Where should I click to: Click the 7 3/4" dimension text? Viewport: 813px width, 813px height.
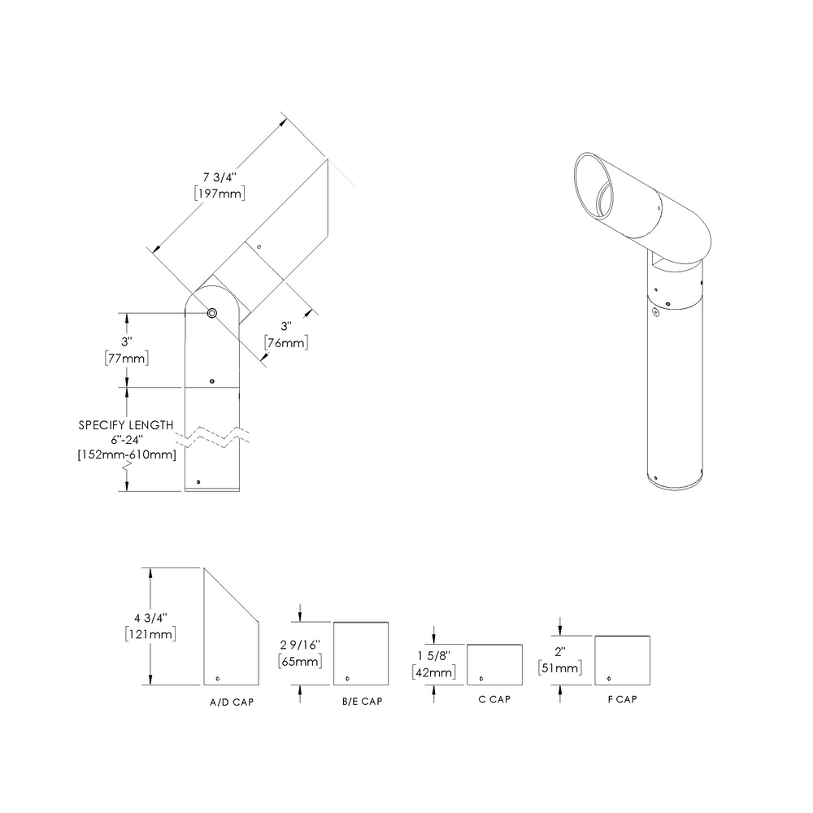[220, 176]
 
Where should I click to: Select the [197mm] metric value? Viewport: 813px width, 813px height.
[220, 193]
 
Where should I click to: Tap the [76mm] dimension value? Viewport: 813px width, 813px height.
[287, 343]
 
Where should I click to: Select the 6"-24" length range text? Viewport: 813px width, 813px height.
[126, 440]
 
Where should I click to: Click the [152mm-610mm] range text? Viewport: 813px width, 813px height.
[126, 454]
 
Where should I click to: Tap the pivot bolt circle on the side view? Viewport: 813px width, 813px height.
[212, 313]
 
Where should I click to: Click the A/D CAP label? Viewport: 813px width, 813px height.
[232, 702]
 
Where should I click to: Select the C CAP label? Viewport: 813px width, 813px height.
[494, 700]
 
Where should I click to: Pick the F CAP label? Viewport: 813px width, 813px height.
[622, 700]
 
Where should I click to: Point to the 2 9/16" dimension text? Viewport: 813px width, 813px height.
[300, 645]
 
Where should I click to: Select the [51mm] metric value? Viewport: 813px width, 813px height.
[559, 668]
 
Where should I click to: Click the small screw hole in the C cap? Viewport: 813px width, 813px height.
[481, 678]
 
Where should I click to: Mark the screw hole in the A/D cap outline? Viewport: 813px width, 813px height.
[218, 678]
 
